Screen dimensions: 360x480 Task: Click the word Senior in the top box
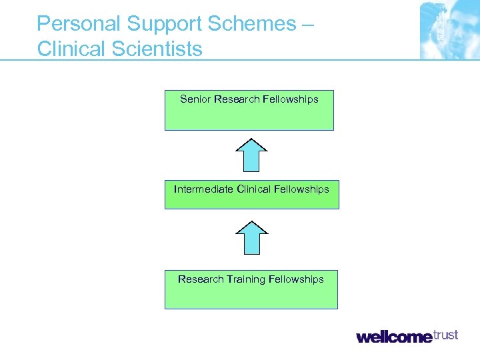(x=195, y=99)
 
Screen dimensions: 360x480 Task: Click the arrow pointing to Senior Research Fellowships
(x=251, y=155)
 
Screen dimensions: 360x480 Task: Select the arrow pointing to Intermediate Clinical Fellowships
(x=251, y=238)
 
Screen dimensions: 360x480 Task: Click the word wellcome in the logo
(x=394, y=337)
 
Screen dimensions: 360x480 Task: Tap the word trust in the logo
(x=445, y=335)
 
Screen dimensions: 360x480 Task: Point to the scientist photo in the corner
(x=449, y=30)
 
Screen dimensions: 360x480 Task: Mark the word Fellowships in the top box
(x=291, y=99)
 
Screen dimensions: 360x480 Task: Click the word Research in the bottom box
(x=201, y=279)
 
